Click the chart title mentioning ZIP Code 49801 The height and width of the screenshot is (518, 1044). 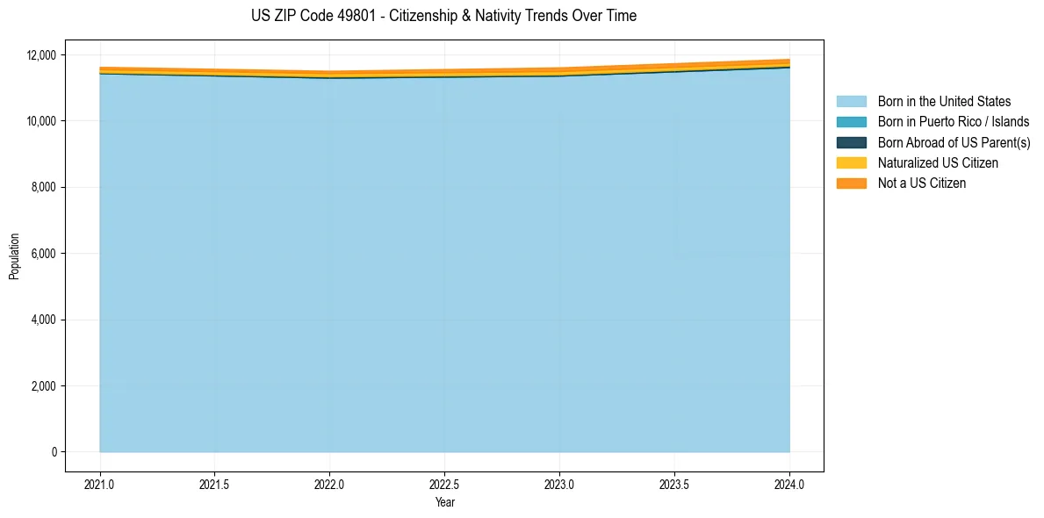443,16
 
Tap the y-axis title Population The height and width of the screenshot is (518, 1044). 14,255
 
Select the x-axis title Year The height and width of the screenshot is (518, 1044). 444,502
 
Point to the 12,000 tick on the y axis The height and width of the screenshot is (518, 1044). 42,54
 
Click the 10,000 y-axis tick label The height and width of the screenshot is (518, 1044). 42,120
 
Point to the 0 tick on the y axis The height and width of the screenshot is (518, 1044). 54,452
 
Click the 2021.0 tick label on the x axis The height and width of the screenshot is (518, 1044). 100,484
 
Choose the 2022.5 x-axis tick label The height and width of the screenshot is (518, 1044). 444,484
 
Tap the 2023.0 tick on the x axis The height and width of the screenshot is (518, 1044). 559,484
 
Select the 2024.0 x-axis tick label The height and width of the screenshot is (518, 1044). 789,484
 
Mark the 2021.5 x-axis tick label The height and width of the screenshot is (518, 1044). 215,484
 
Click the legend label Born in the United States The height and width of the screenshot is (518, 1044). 944,102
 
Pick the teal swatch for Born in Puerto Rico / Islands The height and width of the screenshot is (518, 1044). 851,122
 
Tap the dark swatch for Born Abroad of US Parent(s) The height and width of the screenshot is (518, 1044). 851,142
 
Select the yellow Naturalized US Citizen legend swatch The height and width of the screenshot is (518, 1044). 851,162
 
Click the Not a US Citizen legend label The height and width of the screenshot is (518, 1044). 921,183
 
